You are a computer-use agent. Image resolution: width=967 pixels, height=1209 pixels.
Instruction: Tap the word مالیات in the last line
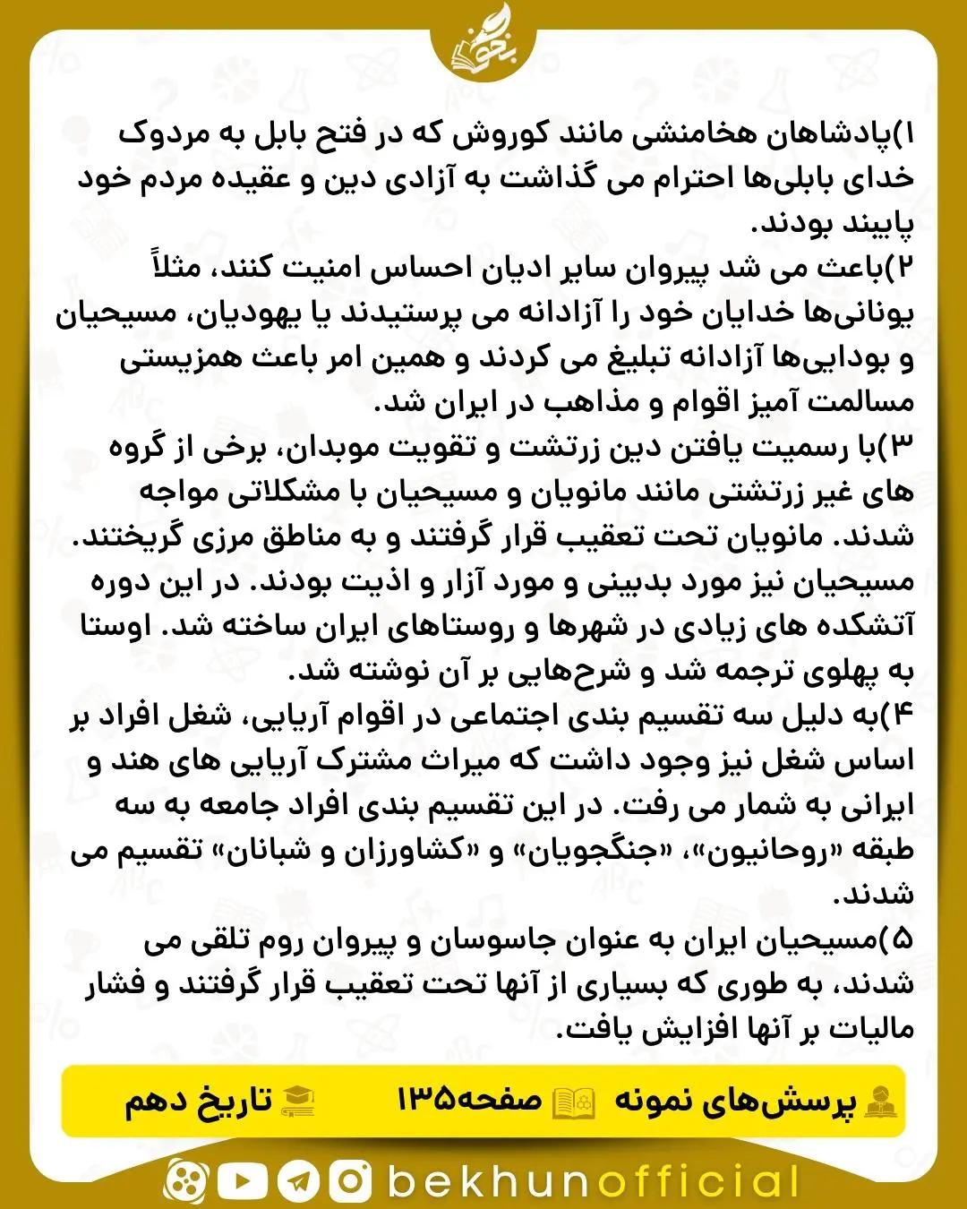pyautogui.click(x=868, y=1029)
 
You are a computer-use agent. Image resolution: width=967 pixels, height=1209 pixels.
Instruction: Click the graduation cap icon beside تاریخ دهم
pyautogui.click(x=296, y=1101)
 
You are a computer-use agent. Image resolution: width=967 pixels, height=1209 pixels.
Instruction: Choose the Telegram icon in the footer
pyautogui.click(x=298, y=1181)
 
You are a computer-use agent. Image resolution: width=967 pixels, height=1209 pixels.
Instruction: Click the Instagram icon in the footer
pyautogui.click(x=350, y=1181)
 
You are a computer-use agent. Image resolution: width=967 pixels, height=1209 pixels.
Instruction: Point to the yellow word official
pyautogui.click(x=699, y=1181)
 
